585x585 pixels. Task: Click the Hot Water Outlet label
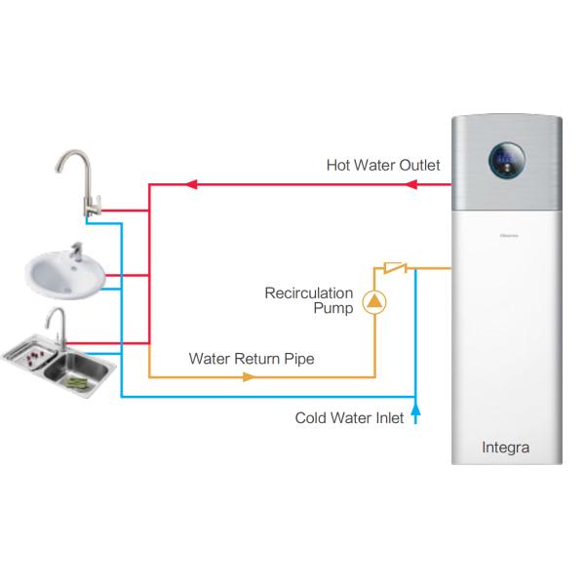pyautogui.click(x=382, y=166)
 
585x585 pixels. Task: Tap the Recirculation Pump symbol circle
pyautogui.click(x=374, y=302)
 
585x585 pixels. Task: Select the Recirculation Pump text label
pyautogui.click(x=309, y=300)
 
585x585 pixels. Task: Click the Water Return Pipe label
pyautogui.click(x=252, y=359)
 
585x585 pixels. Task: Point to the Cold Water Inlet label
pyautogui.click(x=349, y=418)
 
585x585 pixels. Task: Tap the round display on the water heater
pyautogui.click(x=506, y=160)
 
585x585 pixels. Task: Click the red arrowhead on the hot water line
pyautogui.click(x=192, y=183)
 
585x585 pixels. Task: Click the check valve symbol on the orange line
pyautogui.click(x=394, y=266)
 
